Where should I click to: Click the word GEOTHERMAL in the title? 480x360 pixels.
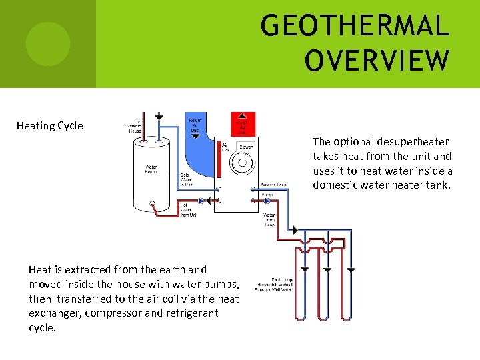click(355, 27)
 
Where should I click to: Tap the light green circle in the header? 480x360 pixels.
click(47, 44)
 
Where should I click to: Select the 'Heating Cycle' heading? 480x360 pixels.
click(50, 126)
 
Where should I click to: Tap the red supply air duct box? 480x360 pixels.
click(242, 124)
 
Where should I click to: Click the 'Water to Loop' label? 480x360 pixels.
click(273, 185)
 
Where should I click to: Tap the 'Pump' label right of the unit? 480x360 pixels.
click(267, 196)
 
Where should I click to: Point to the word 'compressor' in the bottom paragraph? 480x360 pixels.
click(115, 313)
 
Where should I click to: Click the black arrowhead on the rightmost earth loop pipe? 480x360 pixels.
click(351, 270)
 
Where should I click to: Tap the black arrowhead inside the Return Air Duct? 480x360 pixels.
click(195, 135)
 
